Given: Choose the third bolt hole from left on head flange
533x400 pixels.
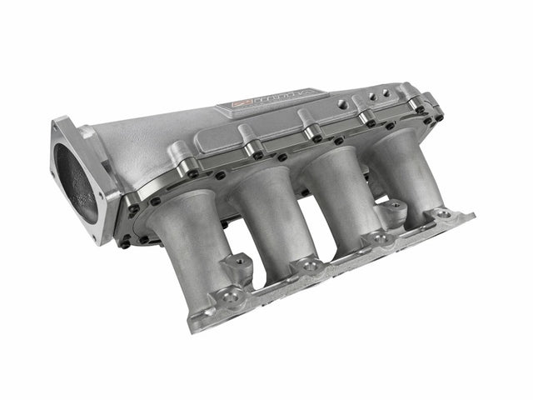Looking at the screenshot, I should tap(381, 238).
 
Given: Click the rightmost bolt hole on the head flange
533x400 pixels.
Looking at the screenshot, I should tap(444, 214).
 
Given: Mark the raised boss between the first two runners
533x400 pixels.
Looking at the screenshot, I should tap(240, 261).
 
